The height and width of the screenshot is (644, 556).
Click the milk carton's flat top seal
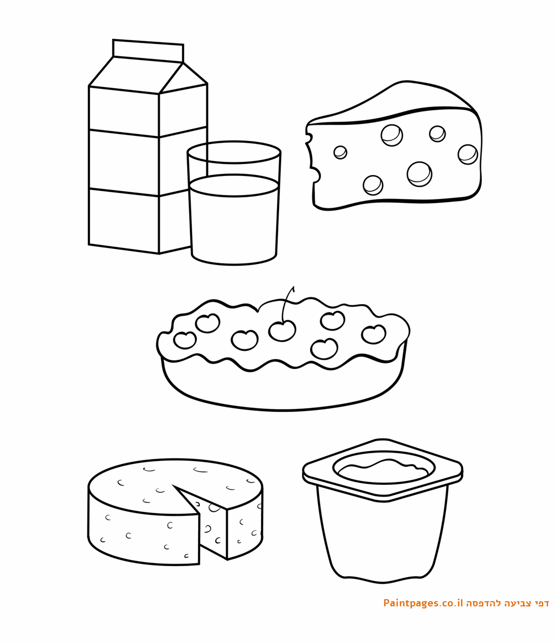pos(148,51)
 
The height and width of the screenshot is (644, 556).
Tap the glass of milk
pos(234,203)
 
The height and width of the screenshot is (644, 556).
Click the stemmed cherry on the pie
pos(283,331)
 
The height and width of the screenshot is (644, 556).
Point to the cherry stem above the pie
pos(287,304)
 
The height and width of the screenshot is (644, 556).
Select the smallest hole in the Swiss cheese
pos(341,153)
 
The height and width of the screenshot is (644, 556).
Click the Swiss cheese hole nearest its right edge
pos(468,154)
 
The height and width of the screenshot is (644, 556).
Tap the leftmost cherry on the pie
pos(185,340)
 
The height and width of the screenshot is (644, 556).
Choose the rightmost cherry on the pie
pos(374,334)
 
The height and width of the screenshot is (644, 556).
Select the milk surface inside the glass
pos(234,186)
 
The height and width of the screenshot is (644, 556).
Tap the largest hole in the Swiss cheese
pos(419,174)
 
